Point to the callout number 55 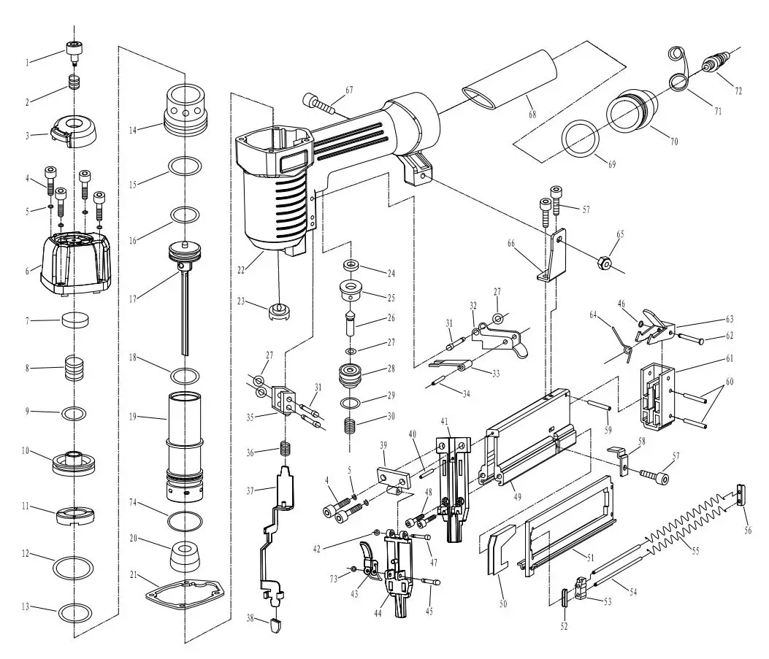click(x=695, y=551)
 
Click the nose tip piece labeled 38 click(x=276, y=625)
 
